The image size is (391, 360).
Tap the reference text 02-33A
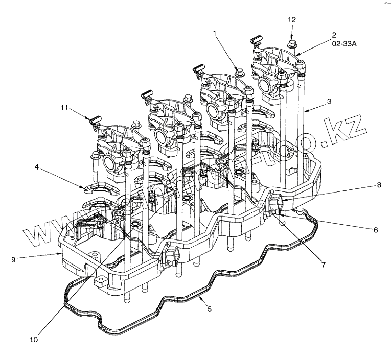tap(344, 44)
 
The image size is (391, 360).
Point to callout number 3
tap(330, 101)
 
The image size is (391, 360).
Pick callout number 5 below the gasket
tap(209, 309)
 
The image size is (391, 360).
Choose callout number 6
tap(375, 230)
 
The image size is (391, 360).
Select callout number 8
tap(379, 186)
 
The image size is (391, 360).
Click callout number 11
tap(64, 108)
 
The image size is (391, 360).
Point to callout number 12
tap(292, 19)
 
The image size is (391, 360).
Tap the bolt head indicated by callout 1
tap(239, 70)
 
